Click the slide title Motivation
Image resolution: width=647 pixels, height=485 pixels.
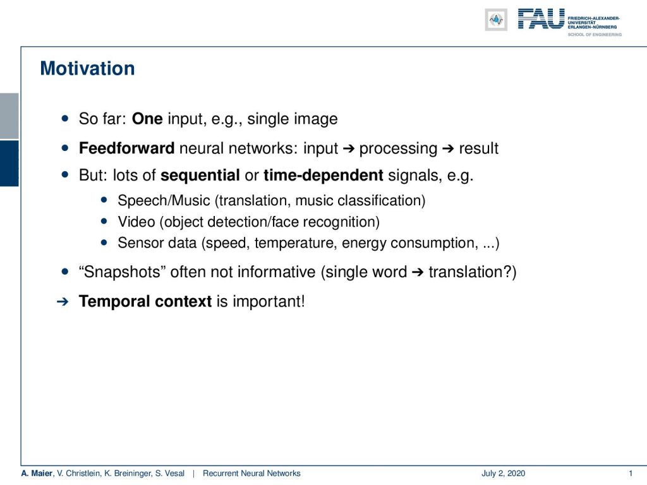tap(87, 68)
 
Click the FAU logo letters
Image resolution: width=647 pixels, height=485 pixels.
tap(541, 19)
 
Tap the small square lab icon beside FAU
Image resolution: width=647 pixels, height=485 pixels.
tap(496, 20)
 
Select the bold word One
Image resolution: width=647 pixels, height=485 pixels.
tap(147, 119)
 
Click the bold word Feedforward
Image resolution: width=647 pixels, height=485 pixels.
tap(126, 148)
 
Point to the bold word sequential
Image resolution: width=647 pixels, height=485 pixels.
tap(200, 176)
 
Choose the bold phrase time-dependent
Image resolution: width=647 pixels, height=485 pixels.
tap(323, 176)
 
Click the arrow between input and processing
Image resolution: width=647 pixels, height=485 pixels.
tap(349, 148)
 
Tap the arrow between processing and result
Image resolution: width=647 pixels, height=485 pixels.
tap(448, 148)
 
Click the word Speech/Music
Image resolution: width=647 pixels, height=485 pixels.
tap(164, 200)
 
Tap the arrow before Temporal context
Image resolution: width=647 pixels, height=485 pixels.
tap(63, 302)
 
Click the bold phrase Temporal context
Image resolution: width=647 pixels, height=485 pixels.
tap(145, 301)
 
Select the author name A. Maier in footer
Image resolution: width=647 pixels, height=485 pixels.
tap(37, 474)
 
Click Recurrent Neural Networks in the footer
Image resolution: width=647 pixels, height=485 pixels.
tap(251, 474)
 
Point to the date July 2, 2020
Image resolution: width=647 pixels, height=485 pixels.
tap(503, 474)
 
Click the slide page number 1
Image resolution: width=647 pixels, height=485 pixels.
tap(631, 474)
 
